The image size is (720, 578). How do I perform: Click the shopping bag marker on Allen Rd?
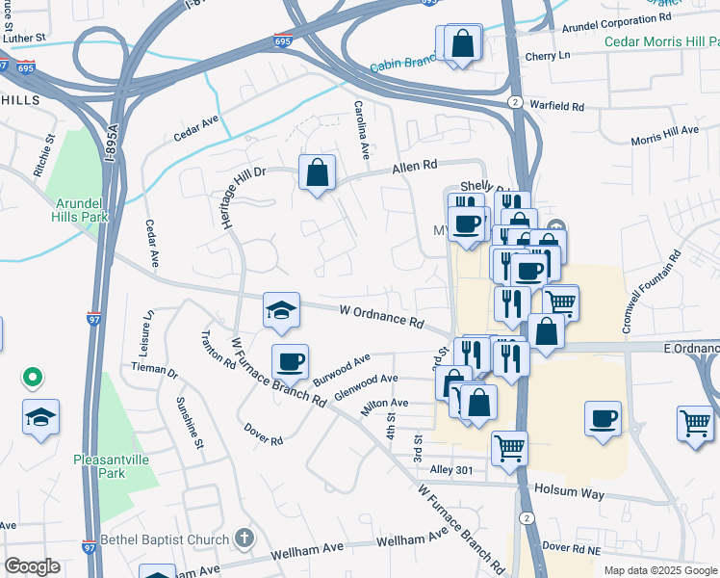(317, 174)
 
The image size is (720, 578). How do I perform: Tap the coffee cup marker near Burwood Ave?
(290, 363)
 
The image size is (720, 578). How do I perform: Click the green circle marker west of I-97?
(33, 377)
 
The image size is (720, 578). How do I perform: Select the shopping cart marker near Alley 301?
(509, 447)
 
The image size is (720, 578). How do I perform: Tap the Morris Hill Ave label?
(664, 136)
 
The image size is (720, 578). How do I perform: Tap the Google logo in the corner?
(33, 566)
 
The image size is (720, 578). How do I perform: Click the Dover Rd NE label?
(572, 546)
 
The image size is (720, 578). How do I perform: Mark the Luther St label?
(23, 38)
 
